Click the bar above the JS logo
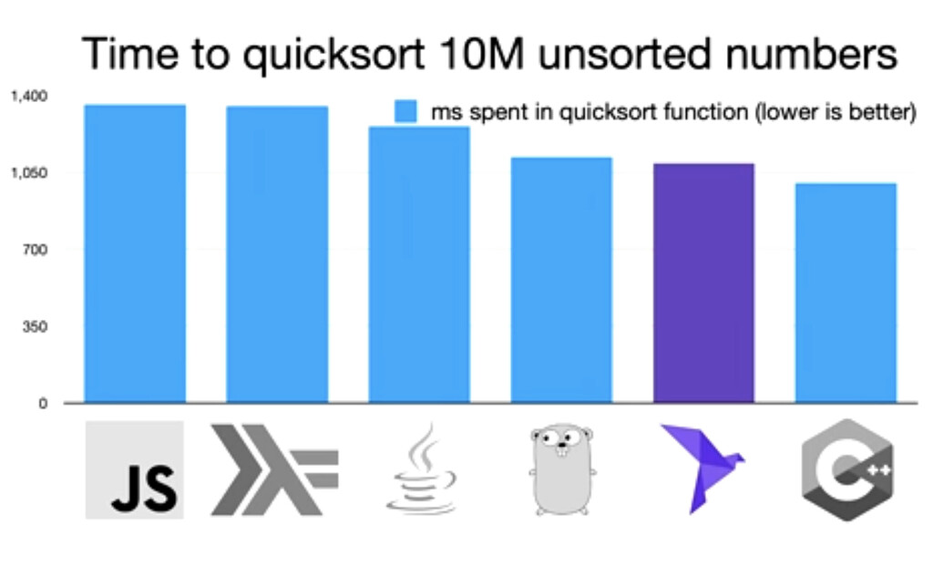click(x=135, y=253)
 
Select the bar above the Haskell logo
click(x=277, y=254)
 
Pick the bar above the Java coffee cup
click(x=419, y=264)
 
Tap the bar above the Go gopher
click(x=561, y=280)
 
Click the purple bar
click(x=704, y=283)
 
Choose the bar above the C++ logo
click(x=846, y=293)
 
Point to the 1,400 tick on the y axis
click(x=29, y=96)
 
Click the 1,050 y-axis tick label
click(x=29, y=172)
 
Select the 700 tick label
click(x=36, y=250)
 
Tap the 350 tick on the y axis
click(x=36, y=326)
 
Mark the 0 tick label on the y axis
click(x=43, y=404)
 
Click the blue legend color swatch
click(x=405, y=111)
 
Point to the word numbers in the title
click(x=810, y=54)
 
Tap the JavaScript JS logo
click(x=135, y=470)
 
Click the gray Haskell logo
click(x=274, y=469)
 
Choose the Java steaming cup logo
click(x=421, y=469)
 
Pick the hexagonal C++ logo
click(x=847, y=470)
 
